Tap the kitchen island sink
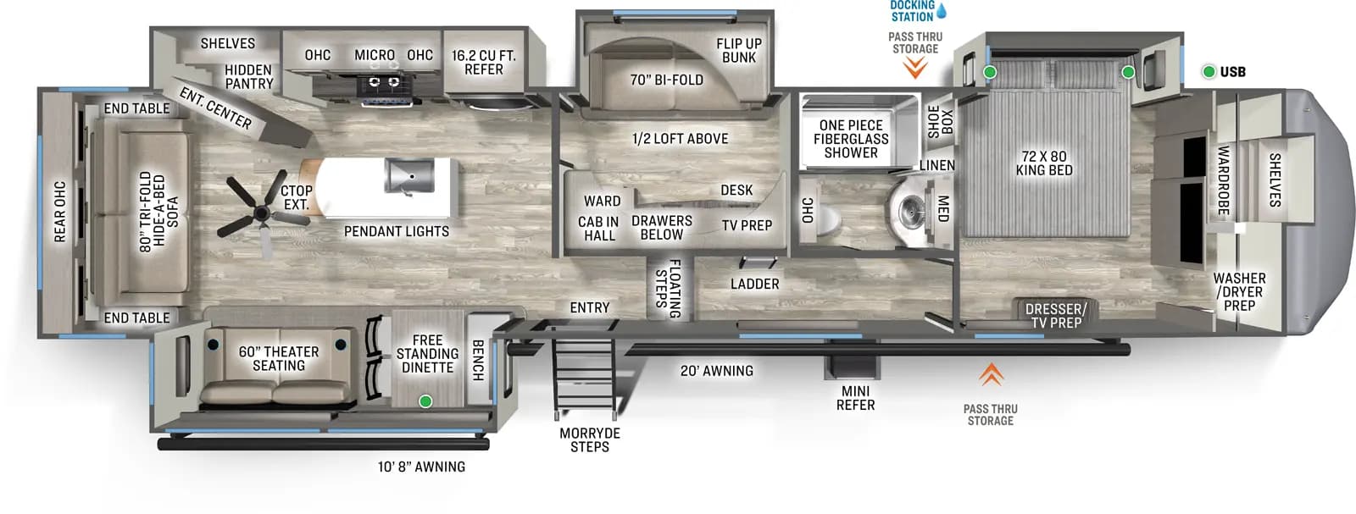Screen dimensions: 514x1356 pos(409,175)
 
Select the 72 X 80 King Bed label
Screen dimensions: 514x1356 pos(1044,163)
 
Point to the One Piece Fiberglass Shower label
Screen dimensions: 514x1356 pos(851,139)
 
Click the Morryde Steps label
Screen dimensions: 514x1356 pos(590,439)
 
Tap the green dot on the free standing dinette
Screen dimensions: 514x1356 pos(425,401)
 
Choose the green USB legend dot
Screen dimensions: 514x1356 pos(1209,72)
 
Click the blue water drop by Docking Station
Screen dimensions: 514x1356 pos(942,11)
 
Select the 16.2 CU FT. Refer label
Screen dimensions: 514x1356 pos(484,63)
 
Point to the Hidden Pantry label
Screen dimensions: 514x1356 pos(248,77)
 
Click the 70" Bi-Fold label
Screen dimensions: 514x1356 pos(666,80)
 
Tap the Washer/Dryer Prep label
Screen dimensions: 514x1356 pos(1239,291)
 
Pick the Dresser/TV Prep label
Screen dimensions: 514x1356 pos(1056,316)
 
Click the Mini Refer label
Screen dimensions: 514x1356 pos(855,398)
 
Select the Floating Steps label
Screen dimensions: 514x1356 pos(668,288)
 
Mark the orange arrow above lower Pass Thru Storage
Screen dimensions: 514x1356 pos(991,373)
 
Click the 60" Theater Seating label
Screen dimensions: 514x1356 pos(279,358)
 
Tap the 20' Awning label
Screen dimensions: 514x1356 pos(716,370)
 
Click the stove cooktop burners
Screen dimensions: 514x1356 pos(382,82)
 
